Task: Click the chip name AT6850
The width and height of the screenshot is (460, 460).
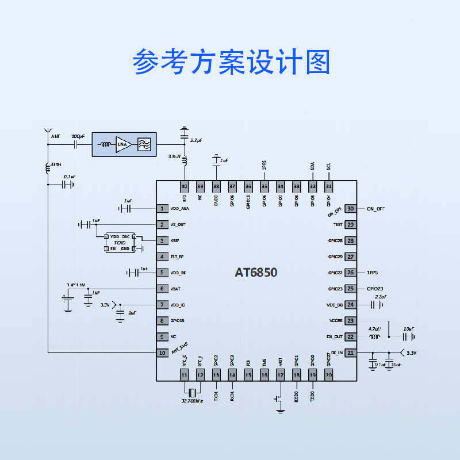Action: click(256, 273)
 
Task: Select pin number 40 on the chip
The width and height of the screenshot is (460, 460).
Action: click(184, 186)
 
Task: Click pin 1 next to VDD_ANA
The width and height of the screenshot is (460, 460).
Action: click(163, 209)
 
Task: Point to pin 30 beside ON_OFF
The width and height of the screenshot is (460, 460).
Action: click(350, 209)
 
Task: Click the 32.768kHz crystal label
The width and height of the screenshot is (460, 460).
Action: click(192, 400)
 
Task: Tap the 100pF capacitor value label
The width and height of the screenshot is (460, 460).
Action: click(78, 136)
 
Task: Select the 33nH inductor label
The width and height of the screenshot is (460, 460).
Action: click(56, 164)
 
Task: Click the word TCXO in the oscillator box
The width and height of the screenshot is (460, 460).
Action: click(119, 243)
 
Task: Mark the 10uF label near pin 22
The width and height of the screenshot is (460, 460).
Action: click(409, 329)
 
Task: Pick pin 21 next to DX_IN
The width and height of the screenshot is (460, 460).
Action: click(350, 353)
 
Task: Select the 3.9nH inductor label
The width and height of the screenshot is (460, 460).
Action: click(174, 156)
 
